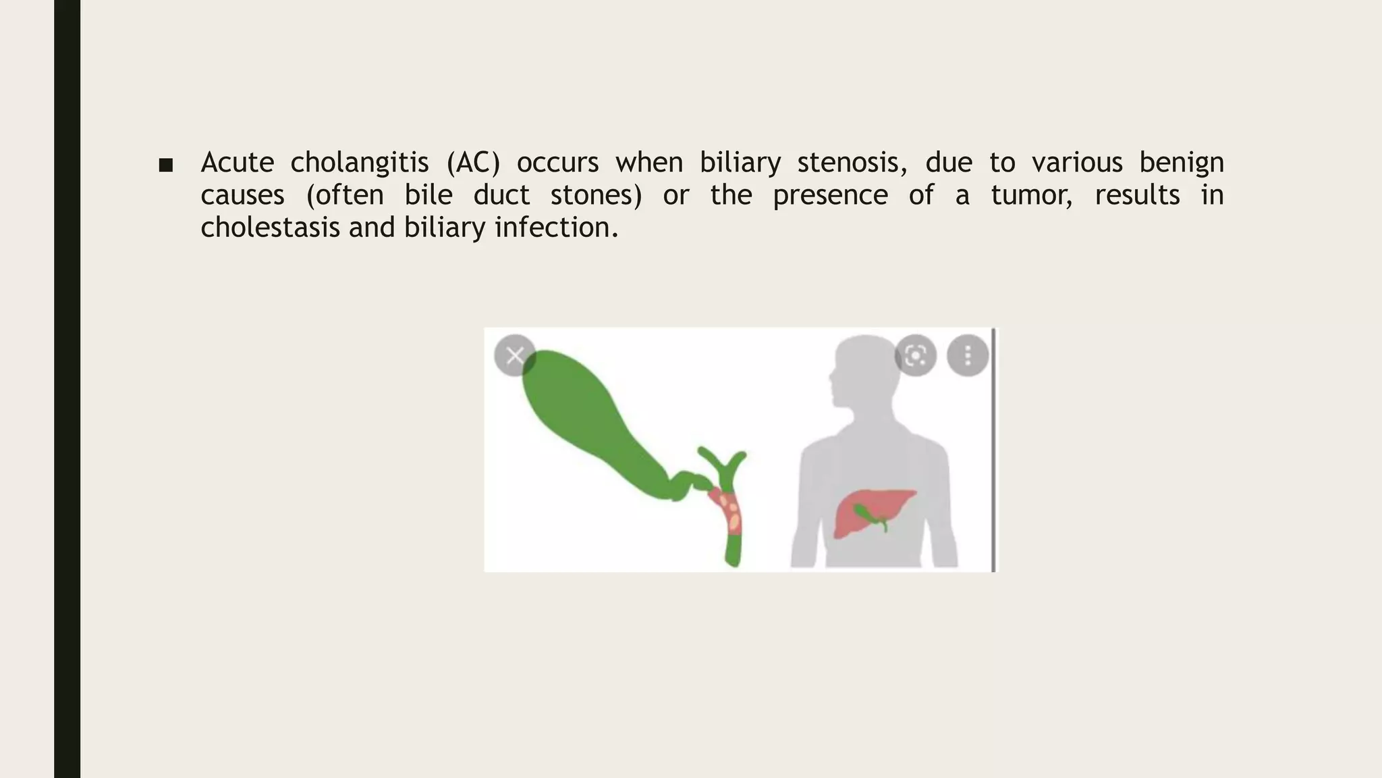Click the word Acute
237,163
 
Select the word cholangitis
359,163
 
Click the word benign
1181,163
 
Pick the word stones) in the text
596,195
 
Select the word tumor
1030,195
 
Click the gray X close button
515,355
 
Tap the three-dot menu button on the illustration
968,355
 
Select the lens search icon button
915,355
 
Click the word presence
829,195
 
